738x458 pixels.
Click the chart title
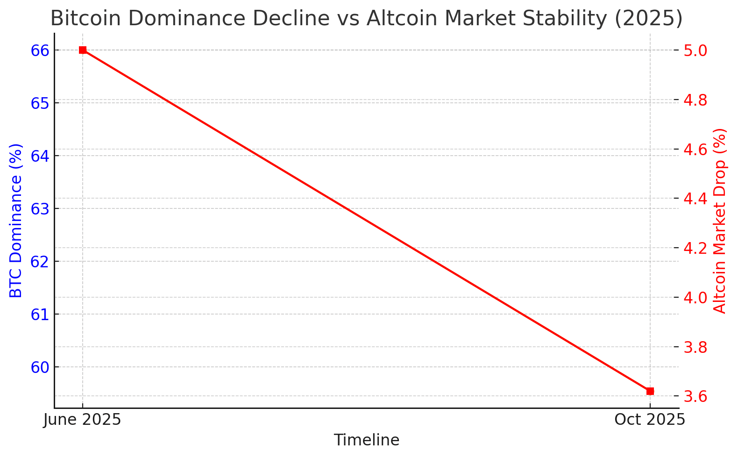click(x=366, y=19)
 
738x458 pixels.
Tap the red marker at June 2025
click(x=83, y=50)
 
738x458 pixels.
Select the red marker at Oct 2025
click(x=650, y=391)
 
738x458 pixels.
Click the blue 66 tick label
click(x=40, y=50)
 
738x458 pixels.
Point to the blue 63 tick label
click(x=40, y=209)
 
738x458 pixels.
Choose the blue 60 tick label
click(x=40, y=367)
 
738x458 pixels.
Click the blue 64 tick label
click(x=40, y=156)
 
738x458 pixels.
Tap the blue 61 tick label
click(x=40, y=315)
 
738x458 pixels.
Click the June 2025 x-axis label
click(x=82, y=420)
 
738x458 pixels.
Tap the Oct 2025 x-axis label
click(x=650, y=420)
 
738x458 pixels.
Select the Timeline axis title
click(x=366, y=440)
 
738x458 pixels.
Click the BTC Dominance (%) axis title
click(x=16, y=221)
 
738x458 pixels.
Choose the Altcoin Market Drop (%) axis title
click(x=720, y=221)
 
